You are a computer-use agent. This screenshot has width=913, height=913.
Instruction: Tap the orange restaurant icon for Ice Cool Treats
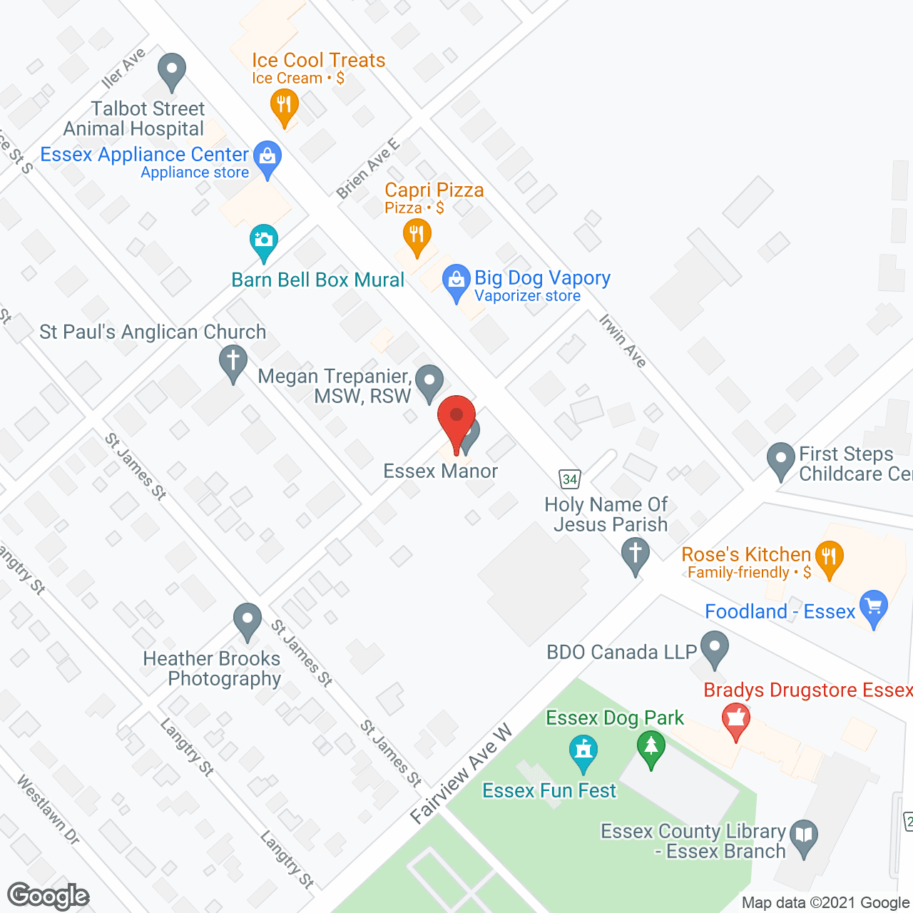pyautogui.click(x=284, y=106)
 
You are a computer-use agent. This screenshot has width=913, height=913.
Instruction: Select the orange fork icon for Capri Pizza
pyautogui.click(x=417, y=235)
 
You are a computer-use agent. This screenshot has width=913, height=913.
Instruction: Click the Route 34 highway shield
pyautogui.click(x=569, y=479)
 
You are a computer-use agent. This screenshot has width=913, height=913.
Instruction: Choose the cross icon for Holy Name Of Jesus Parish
pyautogui.click(x=635, y=554)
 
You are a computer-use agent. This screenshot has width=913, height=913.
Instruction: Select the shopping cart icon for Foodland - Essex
pyautogui.click(x=874, y=607)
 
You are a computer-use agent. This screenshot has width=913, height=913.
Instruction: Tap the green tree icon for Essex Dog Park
pyautogui.click(x=651, y=748)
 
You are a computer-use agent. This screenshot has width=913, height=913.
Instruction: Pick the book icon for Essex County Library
pyautogui.click(x=804, y=836)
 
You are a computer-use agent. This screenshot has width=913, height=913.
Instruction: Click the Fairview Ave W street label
pyautogui.click(x=461, y=774)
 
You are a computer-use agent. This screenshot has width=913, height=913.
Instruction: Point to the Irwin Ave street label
pyautogui.click(x=623, y=341)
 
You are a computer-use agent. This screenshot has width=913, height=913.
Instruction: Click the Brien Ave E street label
pyautogui.click(x=368, y=169)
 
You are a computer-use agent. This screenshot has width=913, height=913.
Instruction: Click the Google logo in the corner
pyautogui.click(x=49, y=896)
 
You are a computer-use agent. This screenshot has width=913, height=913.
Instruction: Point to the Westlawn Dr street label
pyautogui.click(x=48, y=810)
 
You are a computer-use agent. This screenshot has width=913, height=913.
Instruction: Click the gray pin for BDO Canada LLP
pyautogui.click(x=714, y=648)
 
